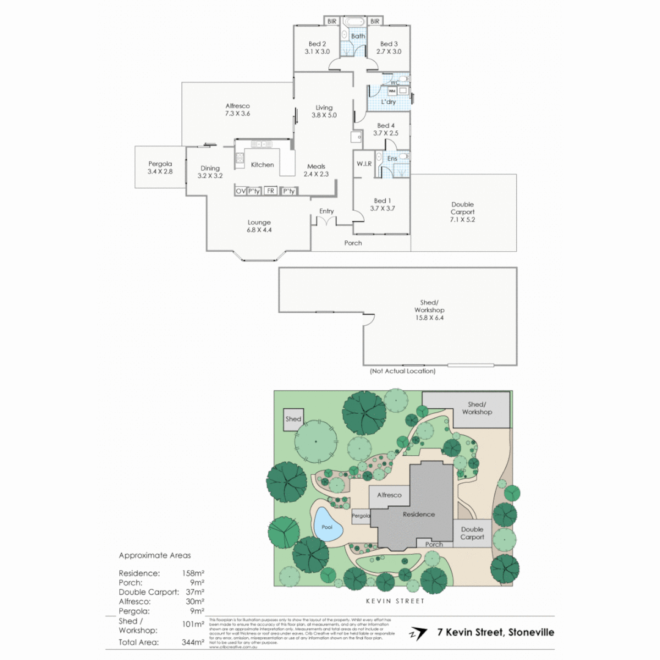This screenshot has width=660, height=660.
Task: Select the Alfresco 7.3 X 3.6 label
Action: click(237, 109)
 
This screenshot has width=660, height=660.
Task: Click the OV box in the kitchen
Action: click(240, 191)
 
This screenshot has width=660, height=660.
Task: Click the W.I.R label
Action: click(365, 163)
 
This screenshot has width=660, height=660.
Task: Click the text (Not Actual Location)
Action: click(402, 371)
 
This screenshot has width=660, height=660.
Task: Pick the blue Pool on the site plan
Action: click(327, 526)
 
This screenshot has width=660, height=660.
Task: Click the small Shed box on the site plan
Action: click(293, 419)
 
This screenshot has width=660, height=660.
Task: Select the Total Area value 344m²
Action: click(193, 642)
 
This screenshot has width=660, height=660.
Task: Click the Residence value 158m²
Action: click(193, 573)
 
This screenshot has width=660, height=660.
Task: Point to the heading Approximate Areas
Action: click(155, 555)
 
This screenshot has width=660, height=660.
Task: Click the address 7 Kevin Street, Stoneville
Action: click(496, 632)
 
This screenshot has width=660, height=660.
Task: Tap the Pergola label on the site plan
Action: click(361, 516)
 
